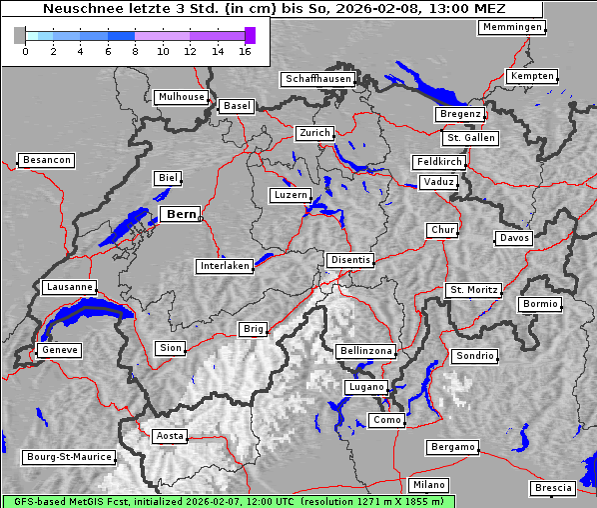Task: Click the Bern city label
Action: [181, 214]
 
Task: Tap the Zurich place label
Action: [313, 133]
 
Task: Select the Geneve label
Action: [59, 350]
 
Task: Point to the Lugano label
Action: [365, 387]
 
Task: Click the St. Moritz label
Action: [473, 290]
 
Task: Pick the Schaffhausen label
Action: [317, 78]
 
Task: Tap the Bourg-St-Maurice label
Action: [69, 457]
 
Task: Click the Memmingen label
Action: [511, 27]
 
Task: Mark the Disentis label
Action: [350, 260]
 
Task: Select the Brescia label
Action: [553, 488]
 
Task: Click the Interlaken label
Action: [224, 266]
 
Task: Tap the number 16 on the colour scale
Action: [245, 50]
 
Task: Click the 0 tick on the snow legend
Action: [24, 50]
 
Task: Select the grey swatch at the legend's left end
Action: [20, 35]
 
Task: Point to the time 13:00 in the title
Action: [448, 9]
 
